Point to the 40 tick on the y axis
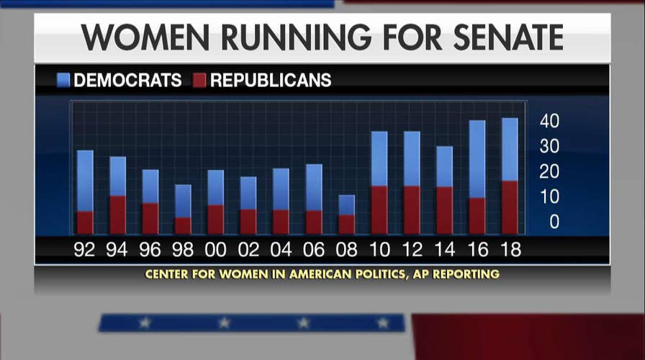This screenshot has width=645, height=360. [x=550, y=121]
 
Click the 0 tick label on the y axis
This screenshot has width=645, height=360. [x=554, y=222]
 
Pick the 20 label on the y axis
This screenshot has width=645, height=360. [x=550, y=172]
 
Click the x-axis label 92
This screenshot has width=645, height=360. [x=85, y=249]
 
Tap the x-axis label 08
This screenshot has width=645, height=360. [x=347, y=249]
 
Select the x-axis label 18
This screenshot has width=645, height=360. [x=510, y=249]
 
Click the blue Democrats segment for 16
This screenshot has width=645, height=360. [x=477, y=159]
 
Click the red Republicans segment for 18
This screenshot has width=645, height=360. [x=510, y=207]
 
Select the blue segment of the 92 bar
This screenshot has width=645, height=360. [x=85, y=181]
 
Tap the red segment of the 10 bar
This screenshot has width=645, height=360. [x=379, y=210]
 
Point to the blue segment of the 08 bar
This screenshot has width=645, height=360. [x=347, y=204]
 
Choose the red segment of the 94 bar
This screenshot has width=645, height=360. [x=117, y=215]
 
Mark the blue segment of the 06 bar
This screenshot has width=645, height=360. [x=314, y=187]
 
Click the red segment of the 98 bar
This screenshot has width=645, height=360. [x=183, y=225]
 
